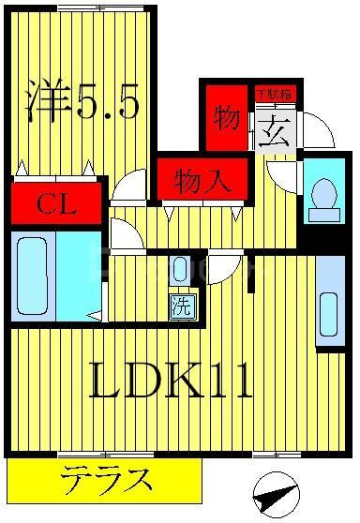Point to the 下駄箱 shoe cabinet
[274, 94]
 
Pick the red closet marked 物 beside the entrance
[225, 118]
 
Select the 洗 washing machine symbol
[181, 304]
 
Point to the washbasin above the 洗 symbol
[181, 272]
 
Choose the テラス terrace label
[106, 482]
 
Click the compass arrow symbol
[277, 490]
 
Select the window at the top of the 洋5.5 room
[100, 7]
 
